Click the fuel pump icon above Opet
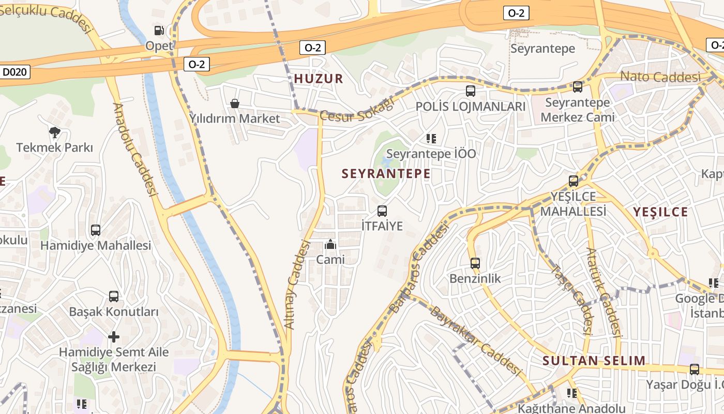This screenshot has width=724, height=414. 159,31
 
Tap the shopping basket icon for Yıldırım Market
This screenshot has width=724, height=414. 235,103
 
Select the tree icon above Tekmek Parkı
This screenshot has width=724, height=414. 55,132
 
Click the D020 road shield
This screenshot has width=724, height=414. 15,72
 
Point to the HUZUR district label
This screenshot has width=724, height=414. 319,79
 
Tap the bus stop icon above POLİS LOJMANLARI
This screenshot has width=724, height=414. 471,91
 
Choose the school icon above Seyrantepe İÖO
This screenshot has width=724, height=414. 431,138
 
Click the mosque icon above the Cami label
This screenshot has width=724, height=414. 330,244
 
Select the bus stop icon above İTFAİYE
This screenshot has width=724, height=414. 382,211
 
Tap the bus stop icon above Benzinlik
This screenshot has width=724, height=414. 475,263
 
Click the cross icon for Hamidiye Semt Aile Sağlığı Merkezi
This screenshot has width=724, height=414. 114,337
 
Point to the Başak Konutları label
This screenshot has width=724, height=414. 114,312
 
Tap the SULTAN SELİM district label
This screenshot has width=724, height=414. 594,361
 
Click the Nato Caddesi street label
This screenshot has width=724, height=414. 660,77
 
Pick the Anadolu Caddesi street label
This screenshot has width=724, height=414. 134,150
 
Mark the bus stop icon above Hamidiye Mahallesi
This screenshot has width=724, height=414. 96,230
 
